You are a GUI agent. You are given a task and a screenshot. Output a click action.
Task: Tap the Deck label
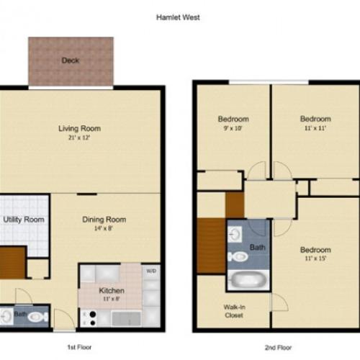pyautogui.click(x=71, y=60)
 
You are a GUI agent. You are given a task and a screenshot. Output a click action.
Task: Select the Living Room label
pyautogui.click(x=79, y=129)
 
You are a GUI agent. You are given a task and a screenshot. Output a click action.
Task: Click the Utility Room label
pyautogui.click(x=24, y=220)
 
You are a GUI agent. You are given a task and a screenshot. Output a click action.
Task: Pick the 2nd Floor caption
pyautogui.click(x=276, y=347)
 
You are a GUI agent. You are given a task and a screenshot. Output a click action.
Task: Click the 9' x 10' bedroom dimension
pyautogui.click(x=233, y=127)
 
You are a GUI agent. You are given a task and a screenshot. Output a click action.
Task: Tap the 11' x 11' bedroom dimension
pyautogui.click(x=315, y=127)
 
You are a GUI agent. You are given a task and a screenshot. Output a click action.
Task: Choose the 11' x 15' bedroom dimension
pyautogui.click(x=315, y=258)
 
